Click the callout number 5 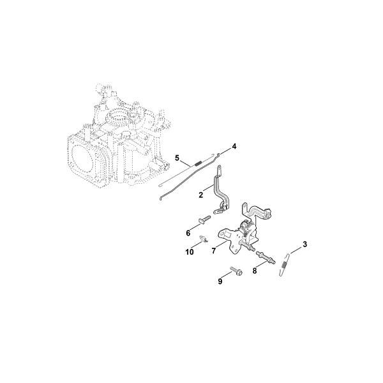tap(177, 158)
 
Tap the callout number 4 tap(234, 147)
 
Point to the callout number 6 tap(188, 233)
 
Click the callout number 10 tap(190, 252)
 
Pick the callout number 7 tap(214, 251)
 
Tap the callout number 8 tap(255, 271)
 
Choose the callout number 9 tap(220, 282)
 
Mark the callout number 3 tap(304, 244)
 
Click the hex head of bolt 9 tap(239, 273)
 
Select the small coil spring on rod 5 tap(199, 162)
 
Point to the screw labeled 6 tap(204, 219)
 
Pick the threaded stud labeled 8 tap(266, 258)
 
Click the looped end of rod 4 tap(218, 154)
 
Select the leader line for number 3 tap(296, 250)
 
